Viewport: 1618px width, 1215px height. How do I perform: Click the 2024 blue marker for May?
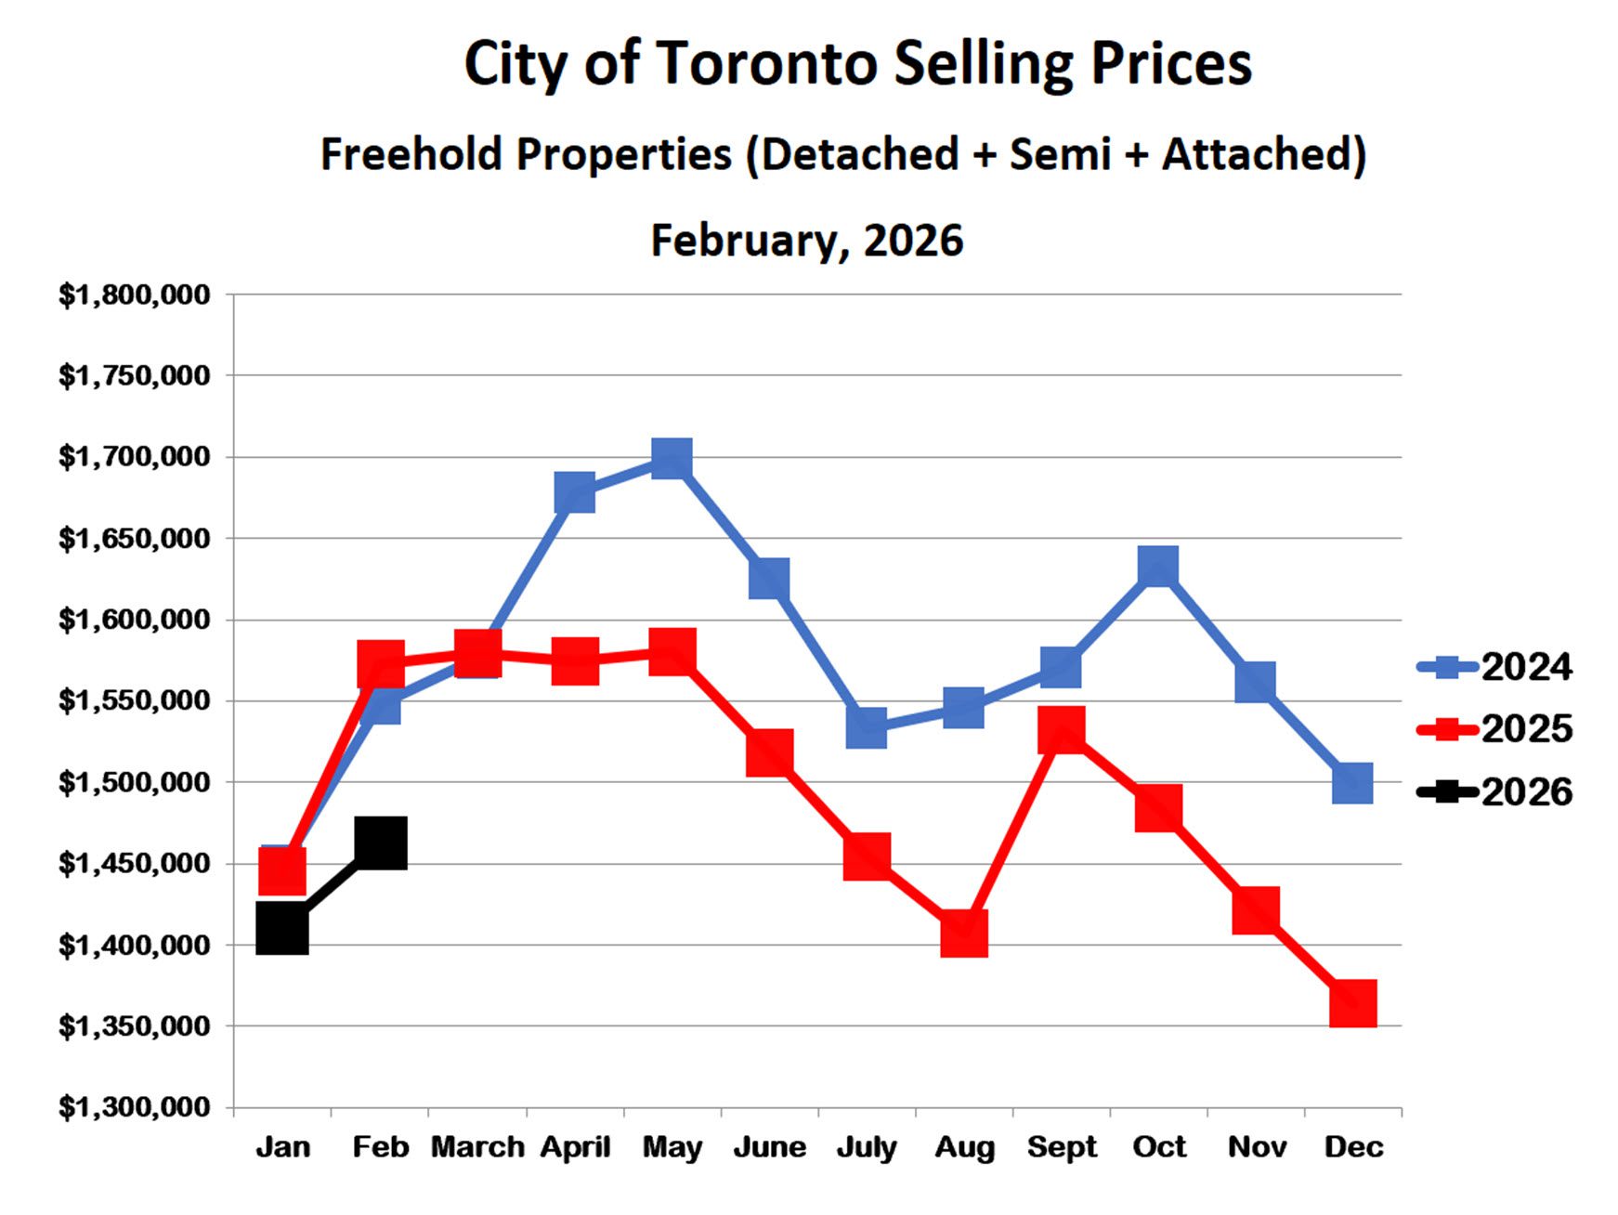pos(672,459)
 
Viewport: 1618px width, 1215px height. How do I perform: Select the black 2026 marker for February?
pos(381,843)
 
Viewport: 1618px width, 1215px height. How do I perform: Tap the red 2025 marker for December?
pos(1352,1003)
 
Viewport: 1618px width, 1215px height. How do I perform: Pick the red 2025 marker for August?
pos(963,933)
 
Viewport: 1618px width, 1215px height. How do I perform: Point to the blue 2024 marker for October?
pos(1158,566)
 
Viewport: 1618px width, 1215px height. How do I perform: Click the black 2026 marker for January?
pos(282,928)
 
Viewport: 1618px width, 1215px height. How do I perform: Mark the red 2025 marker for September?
pos(1062,729)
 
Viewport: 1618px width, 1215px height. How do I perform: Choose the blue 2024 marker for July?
pos(867,727)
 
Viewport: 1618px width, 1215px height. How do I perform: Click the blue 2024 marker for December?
pos(1352,783)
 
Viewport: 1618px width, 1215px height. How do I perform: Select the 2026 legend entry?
pos(1495,792)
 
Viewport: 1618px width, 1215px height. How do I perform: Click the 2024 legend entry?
pos(1495,667)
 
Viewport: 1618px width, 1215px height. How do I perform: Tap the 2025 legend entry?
pos(1495,729)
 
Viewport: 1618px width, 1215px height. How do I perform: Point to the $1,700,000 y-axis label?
pos(135,457)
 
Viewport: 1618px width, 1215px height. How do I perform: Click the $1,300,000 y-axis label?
pos(135,1107)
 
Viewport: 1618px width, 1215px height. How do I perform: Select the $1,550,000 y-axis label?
pos(135,700)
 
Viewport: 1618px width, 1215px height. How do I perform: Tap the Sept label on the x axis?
pos(1062,1147)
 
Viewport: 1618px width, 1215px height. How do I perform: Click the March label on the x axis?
pos(477,1147)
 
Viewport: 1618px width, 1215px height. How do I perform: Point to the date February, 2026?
pos(807,241)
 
